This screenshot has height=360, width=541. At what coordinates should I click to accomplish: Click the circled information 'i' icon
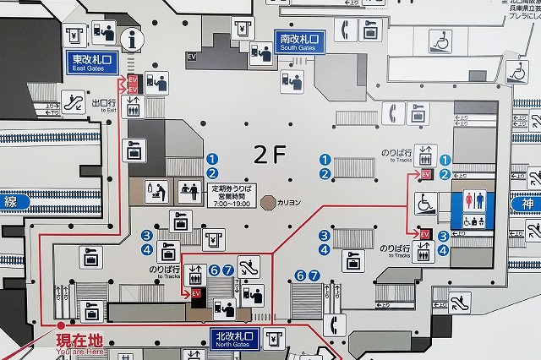(131, 38)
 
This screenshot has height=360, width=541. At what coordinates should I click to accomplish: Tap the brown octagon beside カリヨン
(269, 202)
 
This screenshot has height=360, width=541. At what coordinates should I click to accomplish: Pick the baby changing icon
(156, 191)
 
